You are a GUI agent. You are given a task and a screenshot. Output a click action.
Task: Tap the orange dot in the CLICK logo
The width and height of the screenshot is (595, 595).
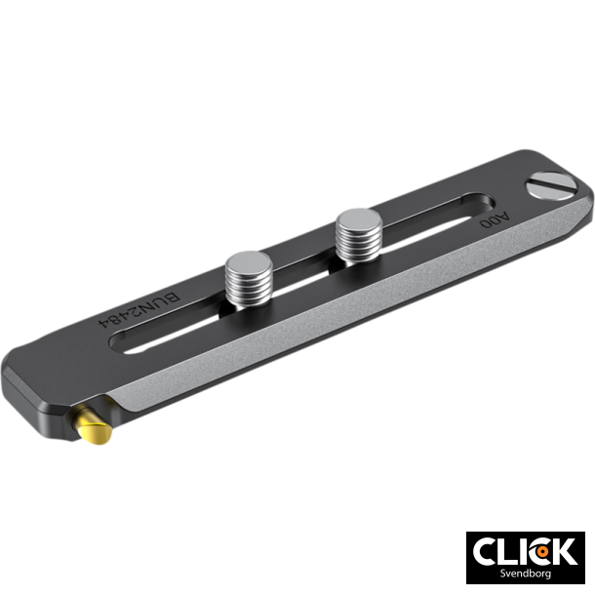pyautogui.click(x=537, y=552)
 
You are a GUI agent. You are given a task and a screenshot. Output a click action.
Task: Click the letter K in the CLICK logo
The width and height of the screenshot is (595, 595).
pyautogui.click(x=565, y=552)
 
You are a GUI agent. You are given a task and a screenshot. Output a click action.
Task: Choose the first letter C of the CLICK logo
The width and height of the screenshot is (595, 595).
pyautogui.click(x=486, y=552)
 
